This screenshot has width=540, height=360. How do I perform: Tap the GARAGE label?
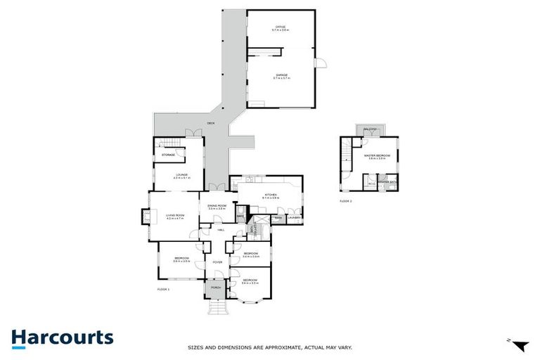coord(281,75)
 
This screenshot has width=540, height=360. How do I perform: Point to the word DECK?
coord(210,124)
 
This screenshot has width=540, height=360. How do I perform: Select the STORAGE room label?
coord(168,154)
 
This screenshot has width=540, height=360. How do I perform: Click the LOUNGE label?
coord(181,175)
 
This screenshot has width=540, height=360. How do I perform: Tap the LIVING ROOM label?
coord(175,215)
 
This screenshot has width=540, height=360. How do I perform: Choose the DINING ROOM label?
coord(216,206)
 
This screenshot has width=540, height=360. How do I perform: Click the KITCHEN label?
coord(270,195)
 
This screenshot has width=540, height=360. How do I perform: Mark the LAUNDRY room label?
coord(295,218)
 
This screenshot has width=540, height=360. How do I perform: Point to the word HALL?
coord(220,230)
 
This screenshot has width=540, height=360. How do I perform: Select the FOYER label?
coord(217,262)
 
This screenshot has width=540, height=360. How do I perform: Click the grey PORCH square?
coord(216,288)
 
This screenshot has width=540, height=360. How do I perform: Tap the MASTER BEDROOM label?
coord(377,157)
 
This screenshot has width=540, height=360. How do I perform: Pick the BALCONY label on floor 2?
coord(369,129)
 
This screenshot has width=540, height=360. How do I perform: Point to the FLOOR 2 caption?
coord(345,201)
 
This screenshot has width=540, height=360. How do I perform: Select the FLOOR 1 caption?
coord(163,288)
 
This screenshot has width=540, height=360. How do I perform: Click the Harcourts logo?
coord(62,337)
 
